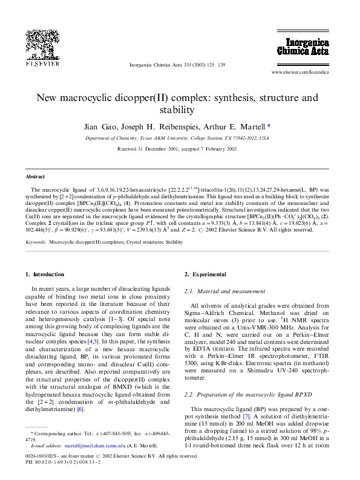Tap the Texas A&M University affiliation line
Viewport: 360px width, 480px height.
pos(179,138)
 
